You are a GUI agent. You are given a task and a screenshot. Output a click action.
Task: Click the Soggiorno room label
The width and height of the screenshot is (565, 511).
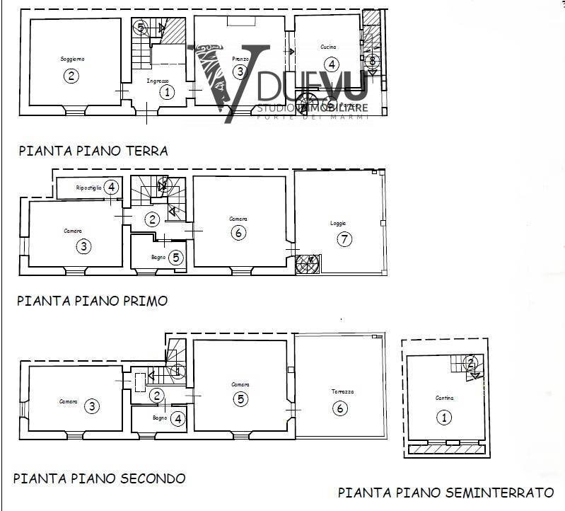point(72,59)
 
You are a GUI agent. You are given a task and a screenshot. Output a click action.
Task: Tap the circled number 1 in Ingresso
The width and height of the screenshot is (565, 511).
point(167,91)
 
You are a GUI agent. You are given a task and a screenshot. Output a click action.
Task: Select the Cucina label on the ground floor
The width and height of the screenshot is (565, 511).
point(328,47)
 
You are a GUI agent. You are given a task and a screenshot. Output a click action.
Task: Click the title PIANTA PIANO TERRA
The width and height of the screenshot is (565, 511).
point(93,151)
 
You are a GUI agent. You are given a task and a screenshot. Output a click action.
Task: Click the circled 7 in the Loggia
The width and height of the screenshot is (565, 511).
point(344,239)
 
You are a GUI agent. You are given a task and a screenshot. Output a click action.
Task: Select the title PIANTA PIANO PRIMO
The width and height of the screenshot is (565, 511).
point(92,300)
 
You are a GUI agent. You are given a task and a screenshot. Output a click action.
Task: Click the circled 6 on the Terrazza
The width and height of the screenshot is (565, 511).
point(341,408)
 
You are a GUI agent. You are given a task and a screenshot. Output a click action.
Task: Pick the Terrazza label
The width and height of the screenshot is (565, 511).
point(342,391)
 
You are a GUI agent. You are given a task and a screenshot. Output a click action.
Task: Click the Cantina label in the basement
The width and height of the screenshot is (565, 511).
point(444,398)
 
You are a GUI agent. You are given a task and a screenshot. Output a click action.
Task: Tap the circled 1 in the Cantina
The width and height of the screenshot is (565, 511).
point(445,418)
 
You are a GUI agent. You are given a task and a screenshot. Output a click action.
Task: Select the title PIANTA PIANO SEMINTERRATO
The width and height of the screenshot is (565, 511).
point(445,492)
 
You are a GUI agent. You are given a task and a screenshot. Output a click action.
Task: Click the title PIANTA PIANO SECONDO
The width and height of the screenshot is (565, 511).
point(99,478)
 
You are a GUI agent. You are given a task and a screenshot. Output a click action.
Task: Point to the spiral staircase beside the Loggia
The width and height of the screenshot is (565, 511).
point(308,264)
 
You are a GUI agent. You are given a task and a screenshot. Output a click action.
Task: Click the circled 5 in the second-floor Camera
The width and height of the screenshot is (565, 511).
point(241,399)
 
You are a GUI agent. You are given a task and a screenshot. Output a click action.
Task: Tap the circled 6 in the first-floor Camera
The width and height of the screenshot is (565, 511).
point(239,233)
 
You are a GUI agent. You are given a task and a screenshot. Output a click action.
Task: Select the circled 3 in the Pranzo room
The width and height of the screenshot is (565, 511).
point(240,71)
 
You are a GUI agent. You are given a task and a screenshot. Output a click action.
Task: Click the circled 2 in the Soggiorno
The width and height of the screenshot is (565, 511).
point(71,76)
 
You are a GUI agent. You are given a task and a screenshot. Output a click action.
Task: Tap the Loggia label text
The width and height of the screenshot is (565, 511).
point(339,223)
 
